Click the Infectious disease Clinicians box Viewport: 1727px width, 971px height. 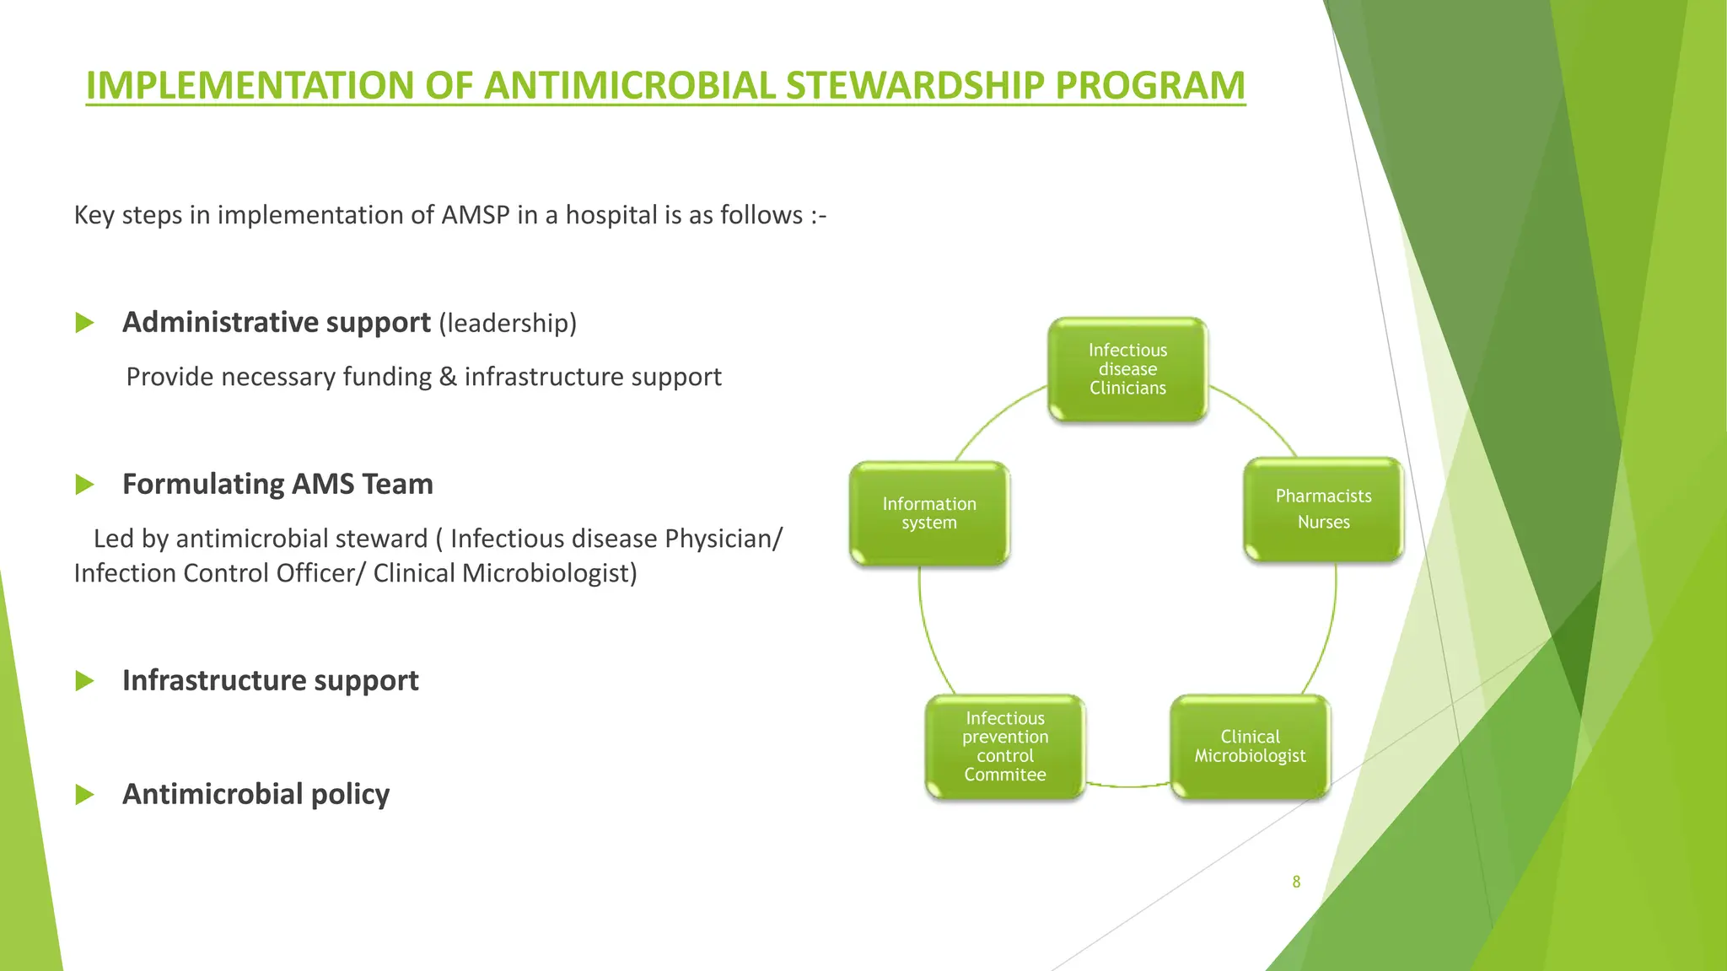[1127, 369]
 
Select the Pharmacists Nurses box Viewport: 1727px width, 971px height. [1323, 509]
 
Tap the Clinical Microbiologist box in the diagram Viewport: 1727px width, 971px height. [1250, 747]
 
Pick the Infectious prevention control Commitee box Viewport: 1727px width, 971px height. [1005, 747]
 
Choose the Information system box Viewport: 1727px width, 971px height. [929, 512]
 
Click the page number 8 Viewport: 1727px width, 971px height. [1296, 882]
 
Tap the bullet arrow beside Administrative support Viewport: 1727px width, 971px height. [84, 323]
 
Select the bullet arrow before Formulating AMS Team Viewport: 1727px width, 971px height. [84, 485]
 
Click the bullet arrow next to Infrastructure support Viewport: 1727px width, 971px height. [84, 681]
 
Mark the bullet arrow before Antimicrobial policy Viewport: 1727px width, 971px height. [84, 795]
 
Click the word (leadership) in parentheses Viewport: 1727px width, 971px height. [508, 323]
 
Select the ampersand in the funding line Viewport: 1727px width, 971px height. [447, 377]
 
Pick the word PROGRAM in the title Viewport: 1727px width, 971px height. [1149, 86]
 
